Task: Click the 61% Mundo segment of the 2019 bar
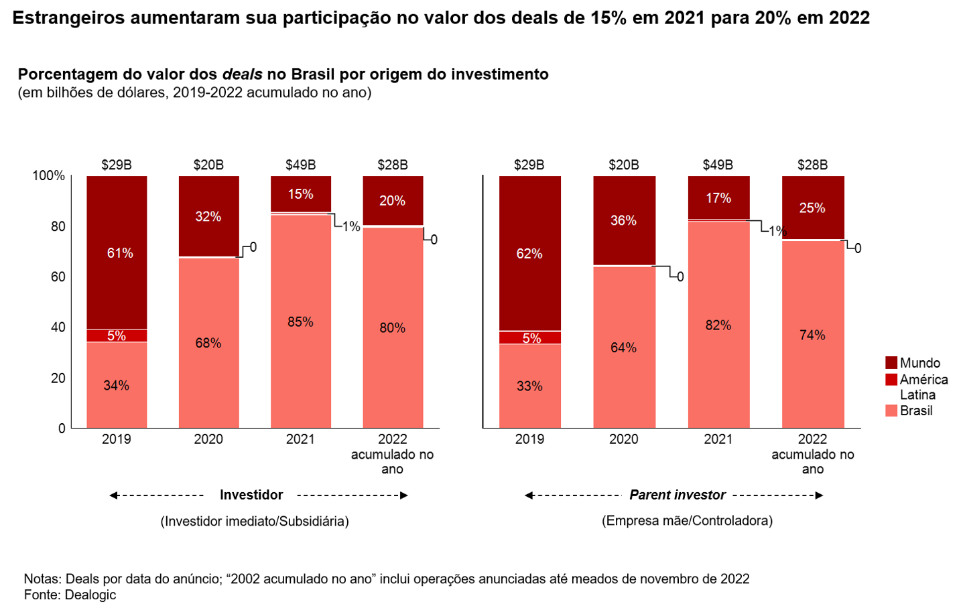click(117, 252)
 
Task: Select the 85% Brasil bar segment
click(300, 321)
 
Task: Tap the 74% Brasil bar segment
click(812, 334)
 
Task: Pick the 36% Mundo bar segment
click(623, 221)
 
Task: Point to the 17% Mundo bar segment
click(718, 198)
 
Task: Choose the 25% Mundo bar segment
click(812, 208)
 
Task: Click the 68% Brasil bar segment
click(208, 343)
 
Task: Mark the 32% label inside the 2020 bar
click(208, 216)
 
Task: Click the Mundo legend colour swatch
click(891, 363)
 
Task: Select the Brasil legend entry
click(915, 410)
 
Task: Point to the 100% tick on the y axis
click(49, 175)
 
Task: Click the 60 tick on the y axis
click(58, 277)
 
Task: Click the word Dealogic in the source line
click(90, 595)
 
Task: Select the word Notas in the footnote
click(42, 579)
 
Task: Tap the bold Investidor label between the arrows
click(251, 495)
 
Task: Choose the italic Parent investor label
click(678, 495)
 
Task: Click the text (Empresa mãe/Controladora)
click(687, 520)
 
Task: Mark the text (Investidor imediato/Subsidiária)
click(255, 521)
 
